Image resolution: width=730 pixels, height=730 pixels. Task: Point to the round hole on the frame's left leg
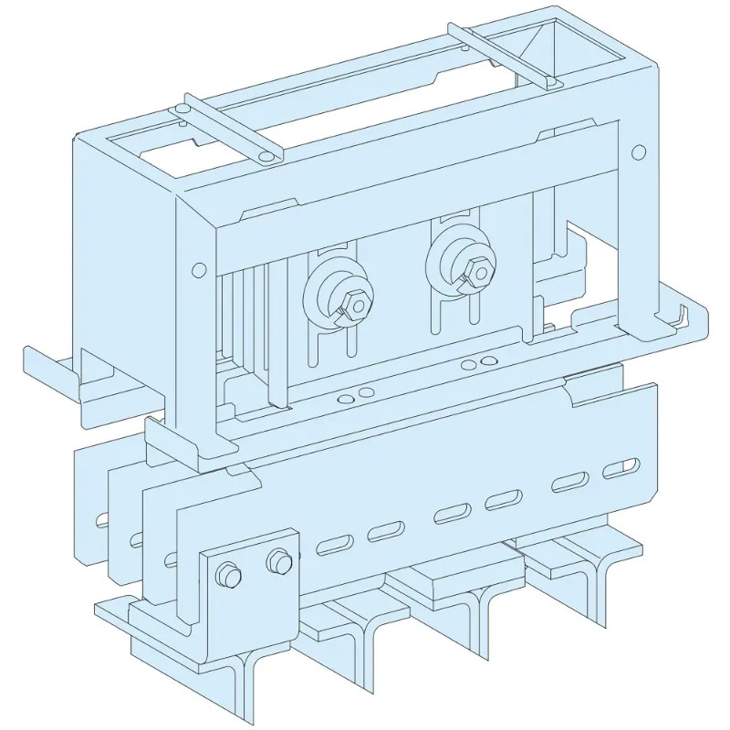tap(196, 270)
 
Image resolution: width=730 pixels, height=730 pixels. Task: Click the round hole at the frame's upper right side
tap(639, 151)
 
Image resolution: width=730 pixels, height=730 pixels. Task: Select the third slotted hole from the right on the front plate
tap(502, 500)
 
